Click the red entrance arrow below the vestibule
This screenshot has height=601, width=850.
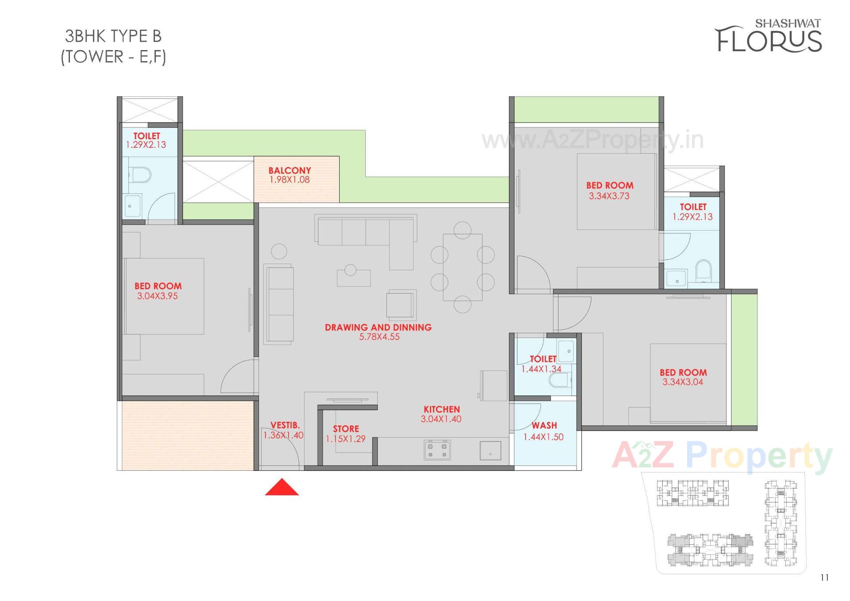pos(282,487)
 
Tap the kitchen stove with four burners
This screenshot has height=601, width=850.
pos(437,450)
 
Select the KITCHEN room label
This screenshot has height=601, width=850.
pos(441,409)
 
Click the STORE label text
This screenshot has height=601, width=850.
pos(346,429)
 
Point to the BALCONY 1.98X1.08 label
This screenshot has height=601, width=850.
pos(290,175)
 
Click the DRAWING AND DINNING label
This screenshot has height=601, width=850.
pos(378,327)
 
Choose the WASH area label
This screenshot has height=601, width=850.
pos(544,426)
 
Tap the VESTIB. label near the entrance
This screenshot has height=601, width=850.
pos(285,425)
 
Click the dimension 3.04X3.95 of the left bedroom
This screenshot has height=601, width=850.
pos(157,296)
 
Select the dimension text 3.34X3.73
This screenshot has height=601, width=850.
pos(609,196)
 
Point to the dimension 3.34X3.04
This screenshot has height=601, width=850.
pos(682,382)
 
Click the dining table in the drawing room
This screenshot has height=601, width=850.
pos(463,267)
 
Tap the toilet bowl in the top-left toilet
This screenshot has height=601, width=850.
pos(141,174)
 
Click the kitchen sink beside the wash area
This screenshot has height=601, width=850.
pos(491,451)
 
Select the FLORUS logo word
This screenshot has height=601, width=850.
pos(769,40)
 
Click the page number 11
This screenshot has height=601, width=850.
pos(824,578)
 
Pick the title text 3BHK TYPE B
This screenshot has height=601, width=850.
pos(113,36)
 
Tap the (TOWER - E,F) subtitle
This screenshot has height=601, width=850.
pos(113,57)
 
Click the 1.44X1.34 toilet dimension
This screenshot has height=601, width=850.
pos(541,369)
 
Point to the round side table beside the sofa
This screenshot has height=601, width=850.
pos(279,252)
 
